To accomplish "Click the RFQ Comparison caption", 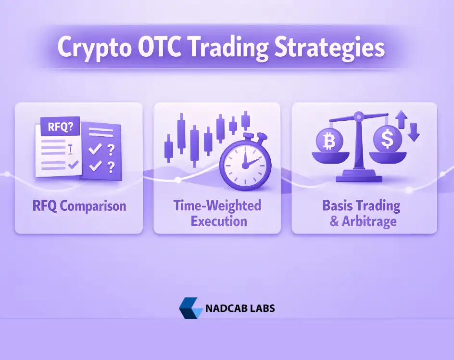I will [79, 206].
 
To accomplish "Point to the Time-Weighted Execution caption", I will [217, 213].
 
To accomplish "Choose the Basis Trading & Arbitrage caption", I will [361, 213].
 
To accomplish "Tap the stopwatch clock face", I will [244, 164].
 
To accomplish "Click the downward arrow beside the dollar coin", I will [414, 132].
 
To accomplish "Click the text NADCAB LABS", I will [240, 308].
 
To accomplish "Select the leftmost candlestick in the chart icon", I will [169, 146].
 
